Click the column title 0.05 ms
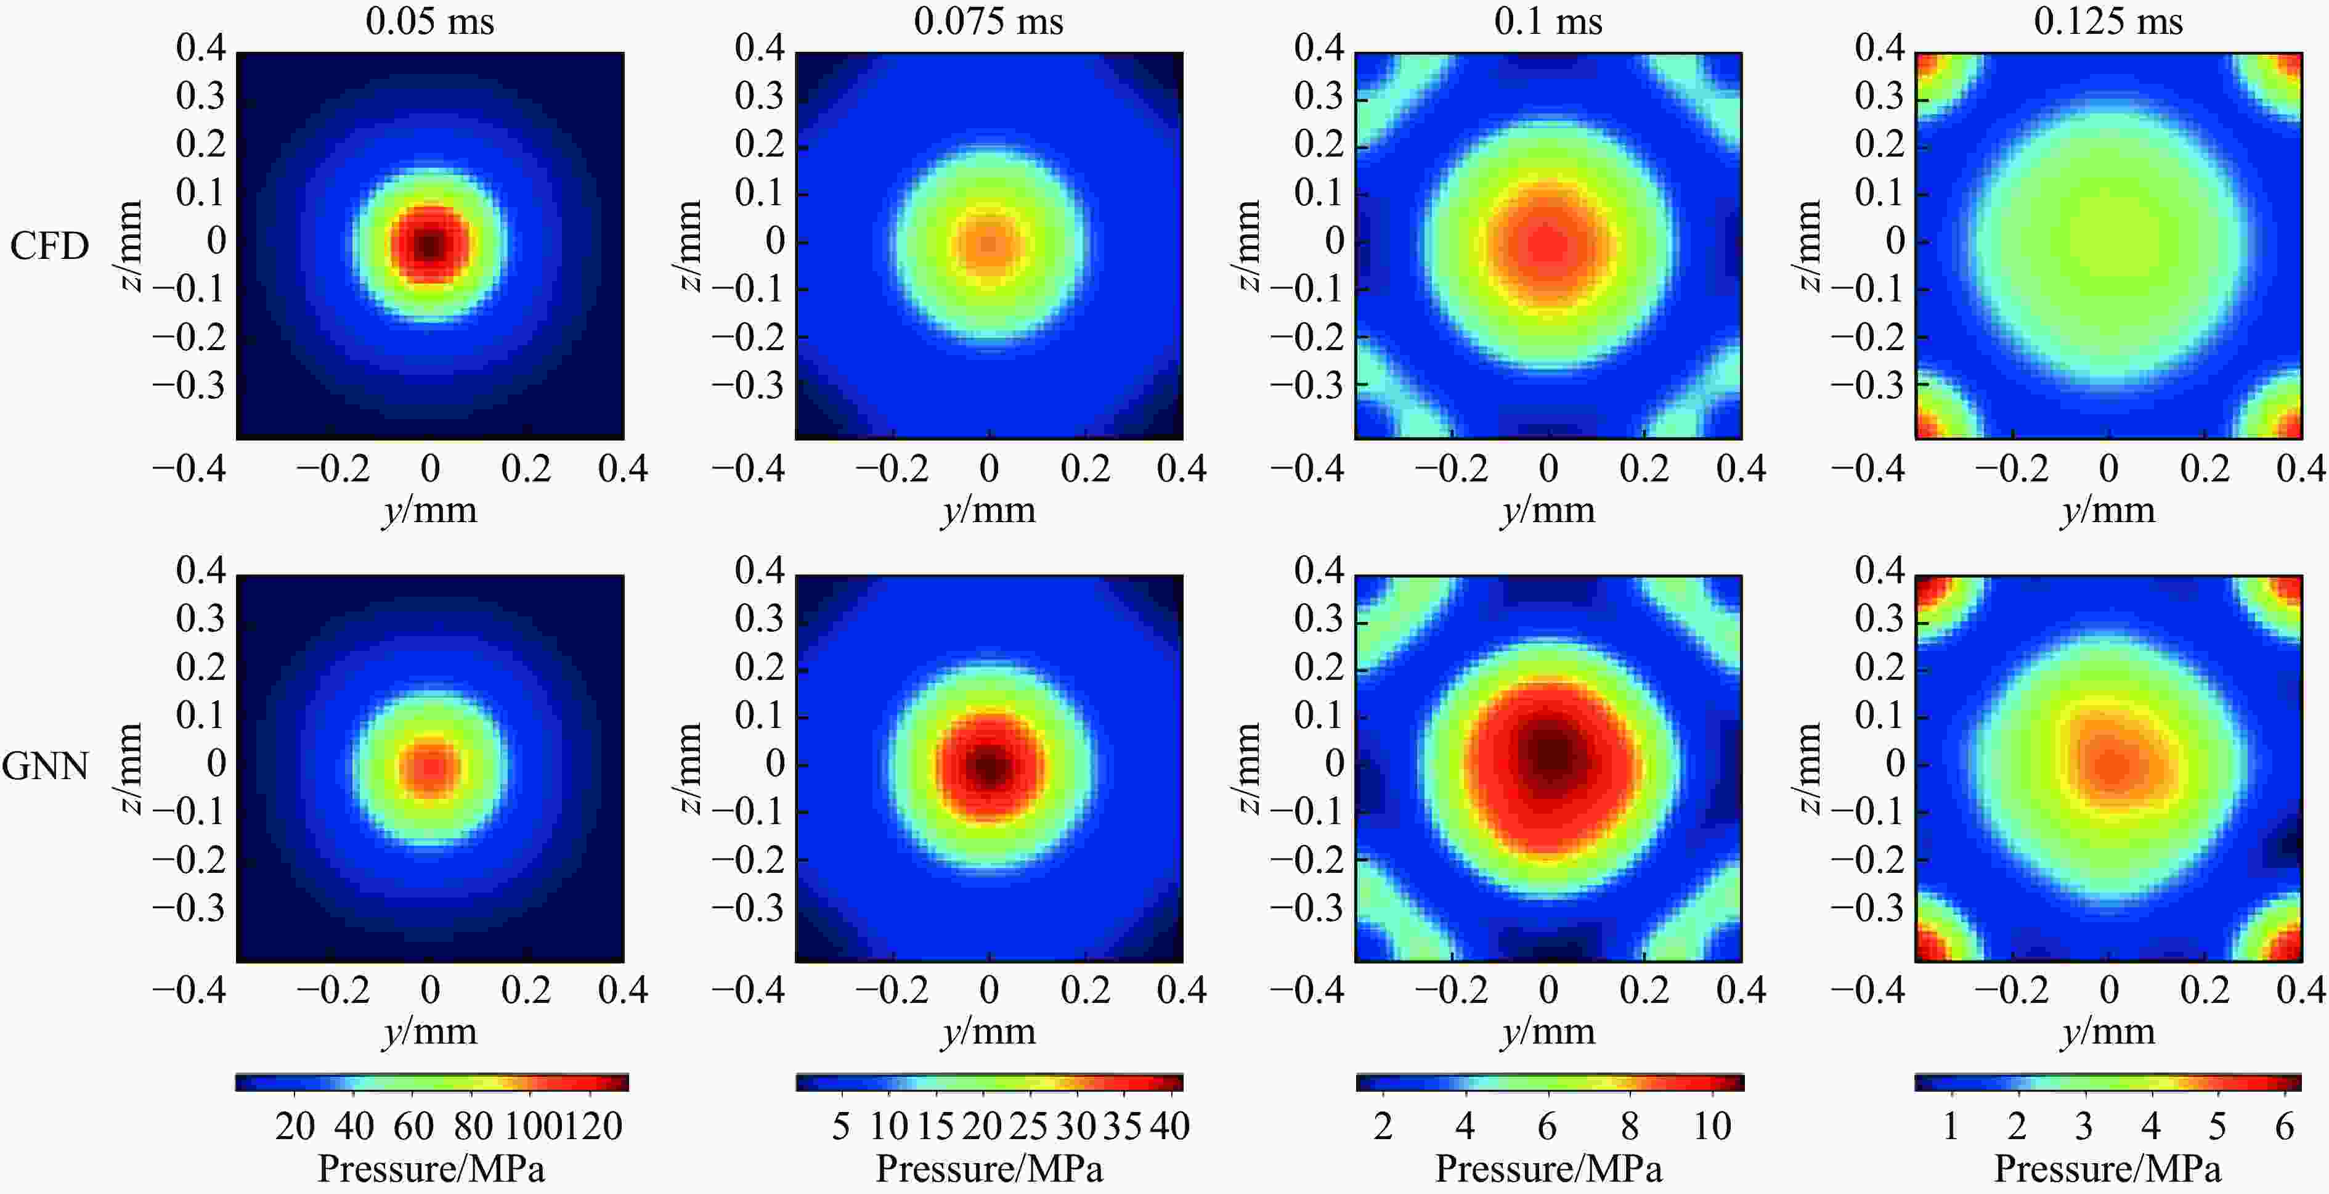click(x=429, y=21)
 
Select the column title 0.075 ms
click(x=988, y=21)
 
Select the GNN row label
click(x=45, y=766)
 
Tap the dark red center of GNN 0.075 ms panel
click(x=989, y=767)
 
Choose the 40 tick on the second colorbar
click(x=1169, y=1127)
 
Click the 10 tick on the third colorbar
click(x=1712, y=1127)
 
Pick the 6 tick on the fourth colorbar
click(x=2284, y=1127)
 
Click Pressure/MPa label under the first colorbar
click(x=431, y=1169)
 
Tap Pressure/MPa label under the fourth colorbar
click(x=2107, y=1169)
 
